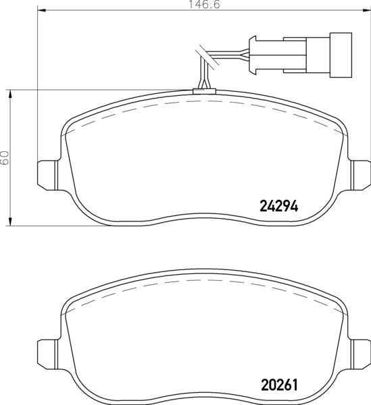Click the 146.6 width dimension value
click(x=205, y=5)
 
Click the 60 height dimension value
click(x=5, y=158)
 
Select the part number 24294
click(x=278, y=207)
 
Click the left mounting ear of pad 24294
click(x=48, y=175)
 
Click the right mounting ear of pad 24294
click(x=360, y=175)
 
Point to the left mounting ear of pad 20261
click(x=48, y=354)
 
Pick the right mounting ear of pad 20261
click(x=360, y=354)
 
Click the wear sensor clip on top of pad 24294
click(x=204, y=91)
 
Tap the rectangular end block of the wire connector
click(x=341, y=55)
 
